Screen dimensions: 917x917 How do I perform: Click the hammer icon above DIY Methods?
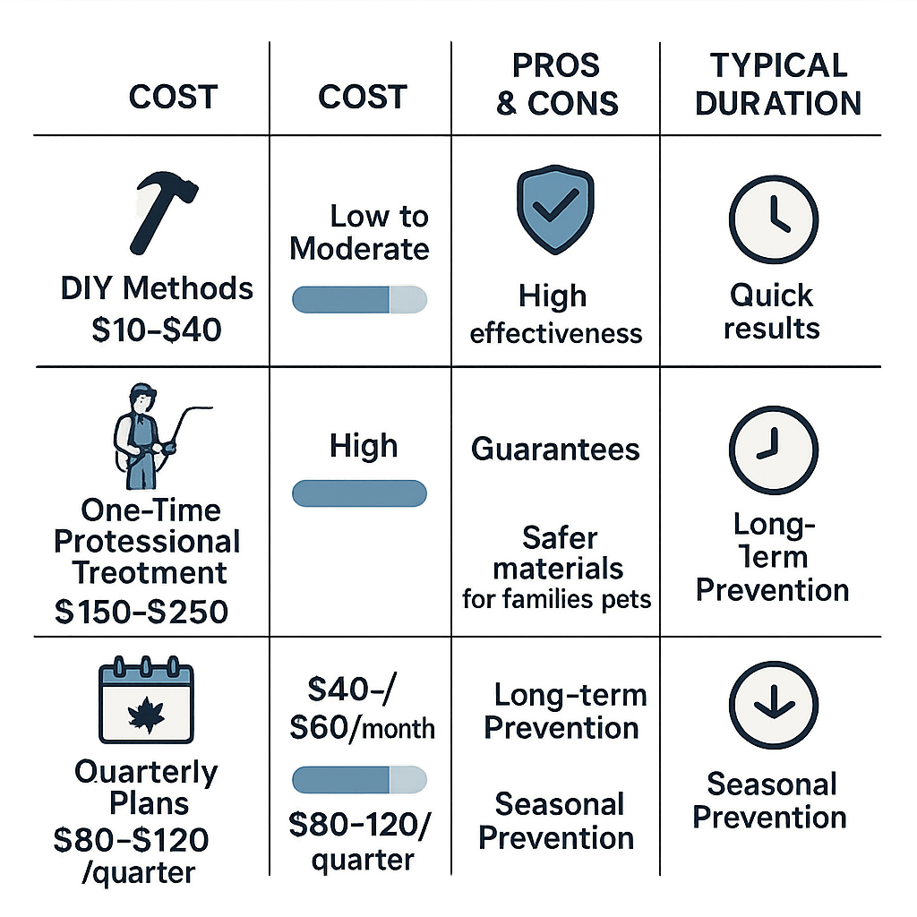(x=164, y=212)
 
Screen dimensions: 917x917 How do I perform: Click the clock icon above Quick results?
(x=773, y=219)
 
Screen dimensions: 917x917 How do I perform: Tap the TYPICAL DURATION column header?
(x=777, y=84)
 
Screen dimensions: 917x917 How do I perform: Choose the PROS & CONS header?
(x=556, y=84)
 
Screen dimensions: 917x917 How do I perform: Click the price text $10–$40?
(x=158, y=329)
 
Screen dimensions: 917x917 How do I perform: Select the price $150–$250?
(x=141, y=611)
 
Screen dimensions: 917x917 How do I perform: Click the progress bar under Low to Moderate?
(x=359, y=299)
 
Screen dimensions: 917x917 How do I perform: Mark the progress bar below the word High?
(x=359, y=493)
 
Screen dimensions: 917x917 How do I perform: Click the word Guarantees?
(x=556, y=449)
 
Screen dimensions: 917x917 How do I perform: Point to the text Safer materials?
(x=558, y=553)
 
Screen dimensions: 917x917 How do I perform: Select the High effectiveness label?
(x=555, y=315)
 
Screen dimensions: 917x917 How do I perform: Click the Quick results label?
(x=772, y=311)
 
